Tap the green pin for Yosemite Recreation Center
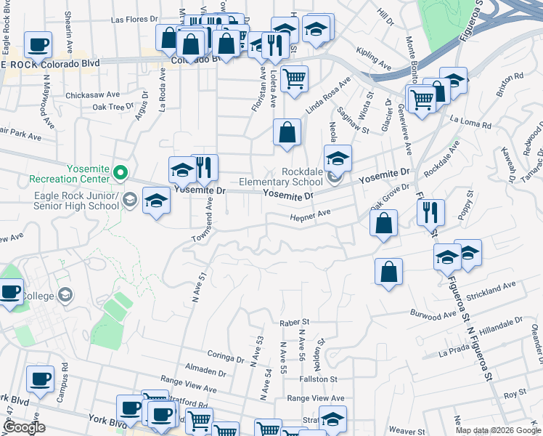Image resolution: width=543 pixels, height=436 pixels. coord(121,174)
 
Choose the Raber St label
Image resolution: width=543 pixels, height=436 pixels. coord(295,321)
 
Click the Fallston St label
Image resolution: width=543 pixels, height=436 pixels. coord(322,379)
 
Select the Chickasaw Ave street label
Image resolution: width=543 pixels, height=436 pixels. coord(92,94)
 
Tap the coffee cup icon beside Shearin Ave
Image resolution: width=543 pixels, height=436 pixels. coord(38,44)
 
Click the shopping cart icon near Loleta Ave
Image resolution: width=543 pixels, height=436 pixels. coord(294,78)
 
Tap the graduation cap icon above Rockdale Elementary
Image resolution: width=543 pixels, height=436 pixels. coord(338,157)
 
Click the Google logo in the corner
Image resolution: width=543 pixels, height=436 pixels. coord(23,428)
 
